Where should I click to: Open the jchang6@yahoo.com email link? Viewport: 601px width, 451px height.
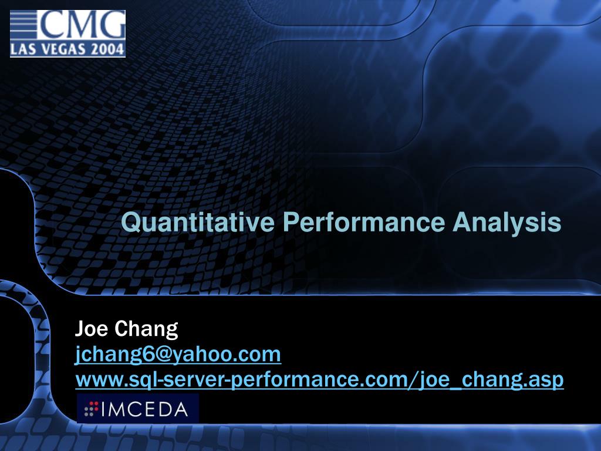pyautogui.click(x=178, y=355)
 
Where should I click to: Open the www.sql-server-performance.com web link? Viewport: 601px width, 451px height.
pyautogui.click(x=319, y=381)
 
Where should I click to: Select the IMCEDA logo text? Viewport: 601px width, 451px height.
pyautogui.click(x=146, y=409)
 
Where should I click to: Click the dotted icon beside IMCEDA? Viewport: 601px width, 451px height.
pyautogui.click(x=91, y=409)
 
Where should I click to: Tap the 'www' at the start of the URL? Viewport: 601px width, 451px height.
pyautogui.click(x=96, y=381)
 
